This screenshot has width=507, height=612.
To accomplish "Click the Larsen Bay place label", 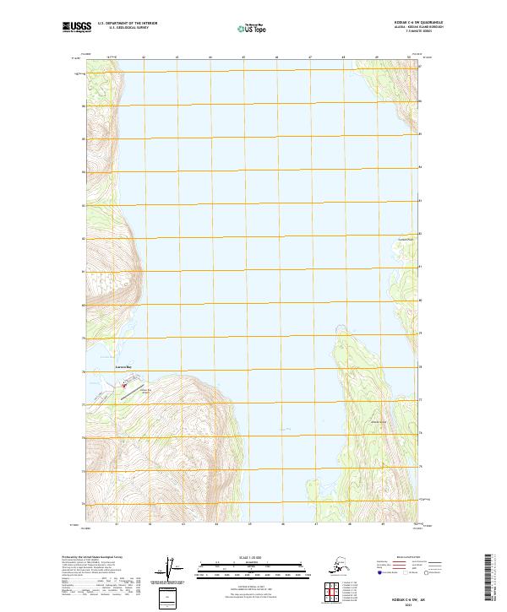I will tap(124, 369).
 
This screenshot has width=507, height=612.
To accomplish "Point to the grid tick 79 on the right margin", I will tap(424, 338).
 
